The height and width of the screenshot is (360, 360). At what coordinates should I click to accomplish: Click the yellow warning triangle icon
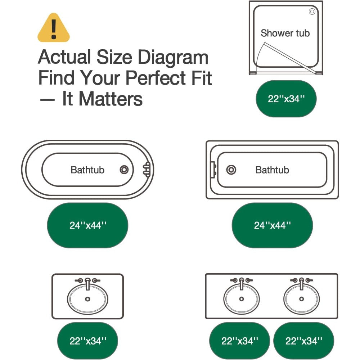[54, 28]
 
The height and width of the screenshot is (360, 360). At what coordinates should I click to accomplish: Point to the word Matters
[111, 99]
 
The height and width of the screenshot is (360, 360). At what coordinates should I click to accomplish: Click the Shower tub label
[285, 33]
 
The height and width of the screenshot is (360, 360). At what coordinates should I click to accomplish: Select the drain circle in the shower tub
[312, 11]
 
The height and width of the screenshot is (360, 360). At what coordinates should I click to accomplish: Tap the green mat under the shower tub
[286, 99]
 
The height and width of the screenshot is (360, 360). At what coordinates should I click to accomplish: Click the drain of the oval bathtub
[124, 170]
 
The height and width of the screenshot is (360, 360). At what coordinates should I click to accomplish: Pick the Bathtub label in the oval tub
[87, 170]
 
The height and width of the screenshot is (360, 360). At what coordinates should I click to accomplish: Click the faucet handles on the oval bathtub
[147, 170]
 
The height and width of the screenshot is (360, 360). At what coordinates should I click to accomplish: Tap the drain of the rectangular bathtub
[231, 170]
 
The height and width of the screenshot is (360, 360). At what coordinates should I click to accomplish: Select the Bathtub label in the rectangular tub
[272, 170]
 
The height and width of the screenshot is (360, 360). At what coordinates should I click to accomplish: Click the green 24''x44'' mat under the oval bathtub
[87, 225]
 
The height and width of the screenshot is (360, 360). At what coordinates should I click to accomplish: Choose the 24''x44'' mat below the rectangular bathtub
[272, 225]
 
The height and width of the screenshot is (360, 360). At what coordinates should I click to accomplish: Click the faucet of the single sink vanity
[87, 283]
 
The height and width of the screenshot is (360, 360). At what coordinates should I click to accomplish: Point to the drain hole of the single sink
[87, 299]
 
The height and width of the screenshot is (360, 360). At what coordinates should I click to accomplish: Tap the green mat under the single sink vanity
[87, 341]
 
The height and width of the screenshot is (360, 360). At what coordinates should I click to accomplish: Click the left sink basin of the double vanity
[241, 299]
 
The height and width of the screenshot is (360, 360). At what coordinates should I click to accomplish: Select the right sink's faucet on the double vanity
[301, 283]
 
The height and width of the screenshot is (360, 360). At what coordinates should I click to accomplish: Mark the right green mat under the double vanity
[304, 341]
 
